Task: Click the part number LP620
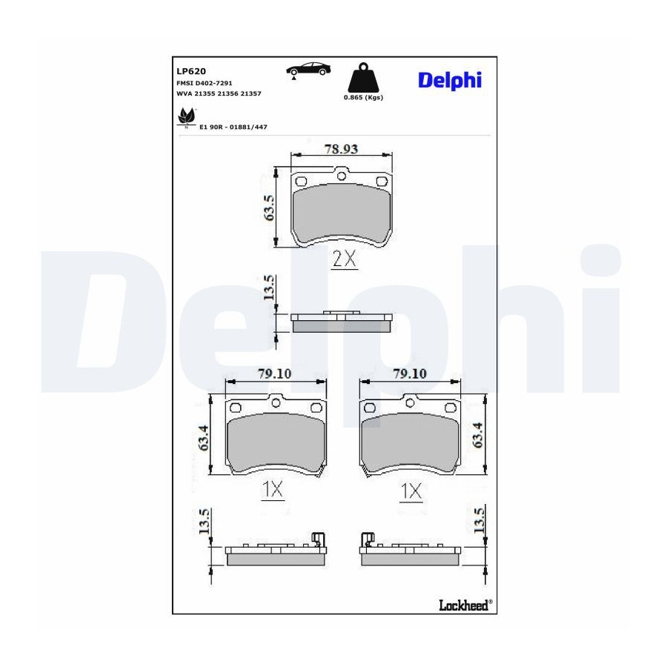[191, 71]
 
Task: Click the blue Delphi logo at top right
[450, 80]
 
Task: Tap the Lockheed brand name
[464, 605]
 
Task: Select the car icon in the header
[308, 69]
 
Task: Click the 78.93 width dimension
[341, 149]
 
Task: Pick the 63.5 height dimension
[269, 208]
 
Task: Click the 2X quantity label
[344, 258]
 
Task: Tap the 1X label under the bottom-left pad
[272, 490]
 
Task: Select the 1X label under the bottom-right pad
[411, 491]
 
